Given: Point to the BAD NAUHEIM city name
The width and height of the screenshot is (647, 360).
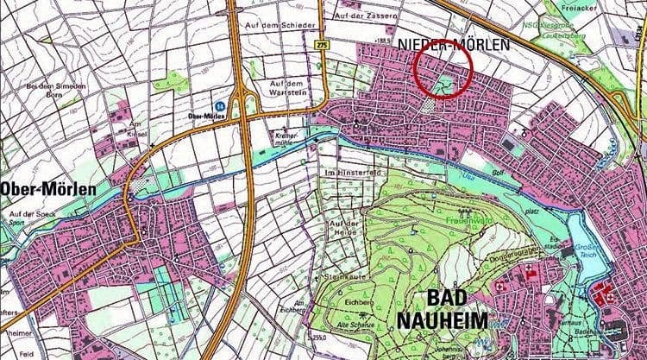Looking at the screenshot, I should [x=442, y=309].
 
